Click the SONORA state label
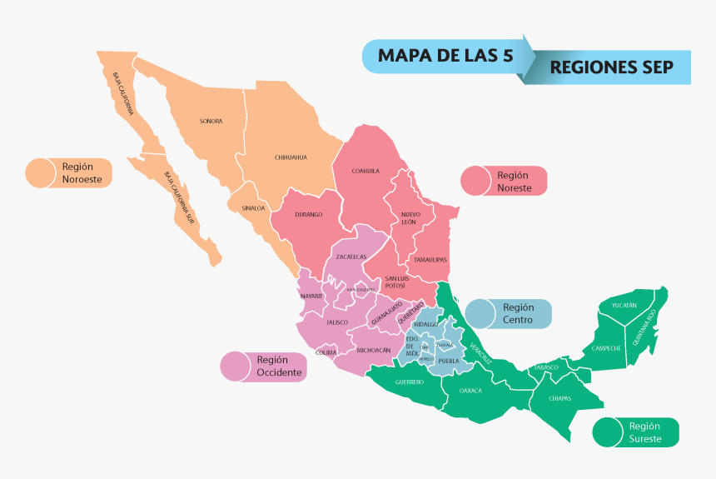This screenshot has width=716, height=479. pos(211,122)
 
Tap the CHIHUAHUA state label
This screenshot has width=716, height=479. pos(291,157)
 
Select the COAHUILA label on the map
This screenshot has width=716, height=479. pos(365,171)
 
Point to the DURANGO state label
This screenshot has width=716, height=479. pos(308,214)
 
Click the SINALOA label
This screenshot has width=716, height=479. pos(253,208)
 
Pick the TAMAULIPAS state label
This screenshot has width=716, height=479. pos(430,259)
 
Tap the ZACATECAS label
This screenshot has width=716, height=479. pos(351,257)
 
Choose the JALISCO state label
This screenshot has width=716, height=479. pos(337,322)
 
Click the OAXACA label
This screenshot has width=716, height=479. pos(470,390)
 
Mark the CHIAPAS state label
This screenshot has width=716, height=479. pos(560,398)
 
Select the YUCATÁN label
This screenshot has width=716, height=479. pos(624,306)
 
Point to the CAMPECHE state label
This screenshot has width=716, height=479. pos(606,347)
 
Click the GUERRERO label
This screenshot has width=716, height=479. pos(410,382)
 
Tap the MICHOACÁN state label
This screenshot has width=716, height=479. pos(373,351)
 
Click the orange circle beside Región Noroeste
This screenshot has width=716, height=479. pos(40,172)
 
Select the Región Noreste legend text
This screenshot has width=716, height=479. pos(513,181)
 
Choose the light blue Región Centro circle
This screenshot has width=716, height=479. pos(480,314)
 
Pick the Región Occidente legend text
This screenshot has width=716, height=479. pos(279,366)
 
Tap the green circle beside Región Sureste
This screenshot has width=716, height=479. pos(608,432)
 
